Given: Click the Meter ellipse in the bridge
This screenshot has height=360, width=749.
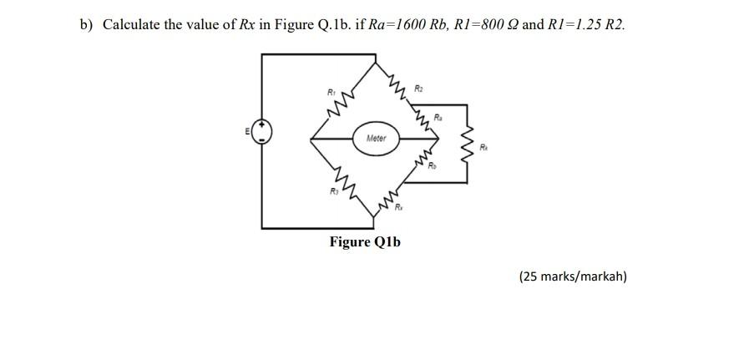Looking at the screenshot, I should pos(376,139).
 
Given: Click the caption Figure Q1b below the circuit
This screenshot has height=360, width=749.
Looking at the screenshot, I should pos(365,242).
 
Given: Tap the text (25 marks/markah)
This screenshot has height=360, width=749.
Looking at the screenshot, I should pos(572,276).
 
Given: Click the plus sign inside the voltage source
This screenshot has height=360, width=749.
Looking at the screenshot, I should pos(263,125).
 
